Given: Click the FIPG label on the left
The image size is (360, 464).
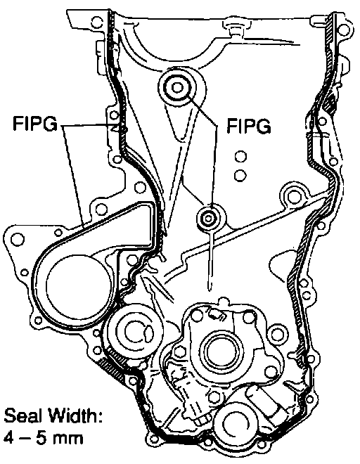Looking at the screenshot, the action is [x=35, y=124].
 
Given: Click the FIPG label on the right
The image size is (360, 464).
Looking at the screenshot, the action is [x=249, y=126].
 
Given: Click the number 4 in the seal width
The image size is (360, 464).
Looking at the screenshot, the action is [x=9, y=438].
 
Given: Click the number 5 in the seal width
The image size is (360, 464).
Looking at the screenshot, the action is [x=41, y=438].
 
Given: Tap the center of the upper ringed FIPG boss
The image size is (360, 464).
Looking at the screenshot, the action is [x=177, y=88].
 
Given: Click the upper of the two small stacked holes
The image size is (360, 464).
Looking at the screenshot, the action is [x=240, y=157].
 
